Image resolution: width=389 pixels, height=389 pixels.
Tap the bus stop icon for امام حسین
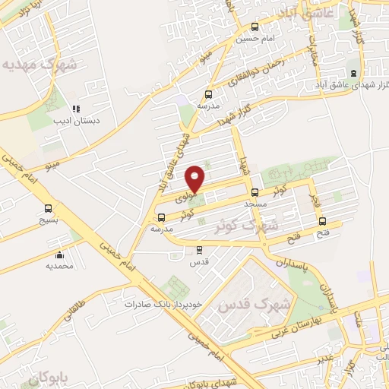[254, 27]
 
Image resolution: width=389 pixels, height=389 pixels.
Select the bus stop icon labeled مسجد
[255, 192]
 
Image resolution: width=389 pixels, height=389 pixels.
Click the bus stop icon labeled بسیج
[49, 208]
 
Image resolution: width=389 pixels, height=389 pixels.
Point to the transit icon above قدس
[200, 249]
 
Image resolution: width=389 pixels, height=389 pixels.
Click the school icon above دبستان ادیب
[75, 109]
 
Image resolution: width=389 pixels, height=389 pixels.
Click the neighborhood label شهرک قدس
[255, 305]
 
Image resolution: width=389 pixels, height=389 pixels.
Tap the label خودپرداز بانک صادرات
[165, 303]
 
